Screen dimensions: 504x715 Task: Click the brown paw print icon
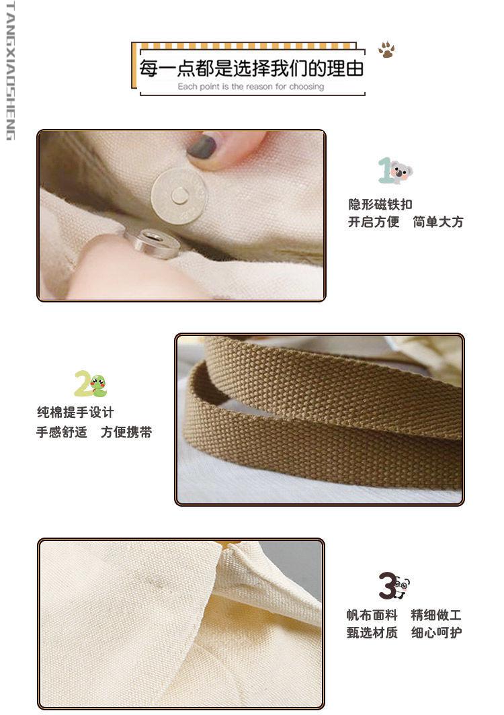[386, 50]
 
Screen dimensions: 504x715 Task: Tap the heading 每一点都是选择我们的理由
[252, 69]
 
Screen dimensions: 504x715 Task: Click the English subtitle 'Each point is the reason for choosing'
[251, 87]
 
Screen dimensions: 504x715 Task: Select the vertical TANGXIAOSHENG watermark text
[10, 71]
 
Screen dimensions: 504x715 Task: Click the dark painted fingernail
[201, 146]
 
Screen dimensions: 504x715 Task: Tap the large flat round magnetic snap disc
[179, 196]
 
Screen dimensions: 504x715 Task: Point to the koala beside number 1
[401, 171]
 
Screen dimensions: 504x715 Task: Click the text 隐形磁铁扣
[380, 204]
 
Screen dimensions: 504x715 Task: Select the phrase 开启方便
[374, 222]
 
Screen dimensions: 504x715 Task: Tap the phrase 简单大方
[438, 222]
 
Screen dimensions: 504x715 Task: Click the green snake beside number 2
[98, 385]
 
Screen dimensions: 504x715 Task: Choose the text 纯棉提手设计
[75, 413]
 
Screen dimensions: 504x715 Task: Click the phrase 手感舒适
[62, 432]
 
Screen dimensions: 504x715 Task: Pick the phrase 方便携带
[126, 432]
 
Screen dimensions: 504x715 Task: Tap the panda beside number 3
[401, 587]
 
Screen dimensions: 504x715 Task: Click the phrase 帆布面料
[372, 615]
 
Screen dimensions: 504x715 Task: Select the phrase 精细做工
[437, 615]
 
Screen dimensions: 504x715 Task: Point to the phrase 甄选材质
[372, 632]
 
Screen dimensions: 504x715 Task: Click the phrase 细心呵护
[437, 632]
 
